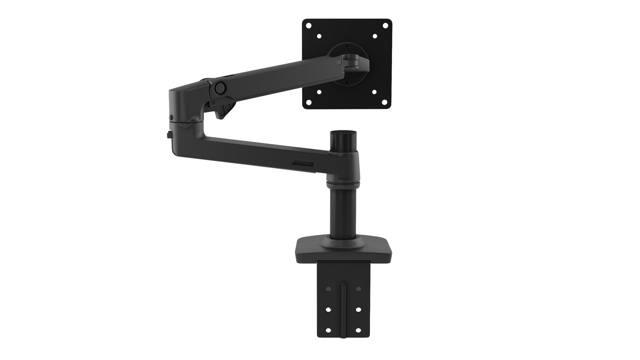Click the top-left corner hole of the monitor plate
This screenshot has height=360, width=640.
click(x=309, y=25)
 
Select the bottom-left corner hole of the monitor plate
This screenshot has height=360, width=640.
click(x=309, y=102)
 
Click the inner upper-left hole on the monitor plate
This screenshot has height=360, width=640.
click(x=319, y=36)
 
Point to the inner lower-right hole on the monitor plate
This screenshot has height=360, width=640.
click(x=374, y=92)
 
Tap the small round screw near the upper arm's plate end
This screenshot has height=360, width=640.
click(x=339, y=62)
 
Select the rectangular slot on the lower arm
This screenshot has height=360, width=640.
click(x=303, y=163)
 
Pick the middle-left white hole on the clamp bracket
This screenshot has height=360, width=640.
click(x=328, y=310)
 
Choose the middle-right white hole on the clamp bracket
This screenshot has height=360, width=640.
click(x=358, y=310)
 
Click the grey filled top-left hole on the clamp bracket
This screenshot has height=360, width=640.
click(x=328, y=289)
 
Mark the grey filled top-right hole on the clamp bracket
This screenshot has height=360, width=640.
click(x=358, y=289)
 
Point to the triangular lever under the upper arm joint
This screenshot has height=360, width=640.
click(x=224, y=110)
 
